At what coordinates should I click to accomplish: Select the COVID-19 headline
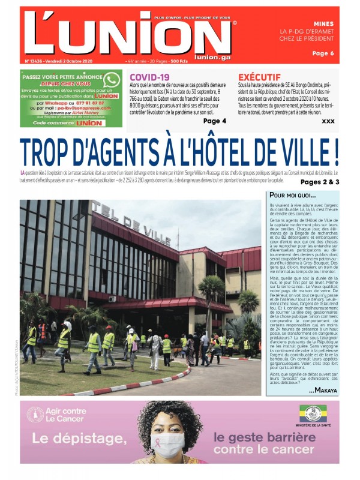point(149,77)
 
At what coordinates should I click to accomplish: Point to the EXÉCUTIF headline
point(259,77)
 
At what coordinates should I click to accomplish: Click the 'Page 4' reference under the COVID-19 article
point(215,121)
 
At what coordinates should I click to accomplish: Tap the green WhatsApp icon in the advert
point(111,80)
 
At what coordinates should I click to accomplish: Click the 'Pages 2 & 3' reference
point(320,182)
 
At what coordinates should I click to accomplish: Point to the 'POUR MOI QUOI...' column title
point(292,195)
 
